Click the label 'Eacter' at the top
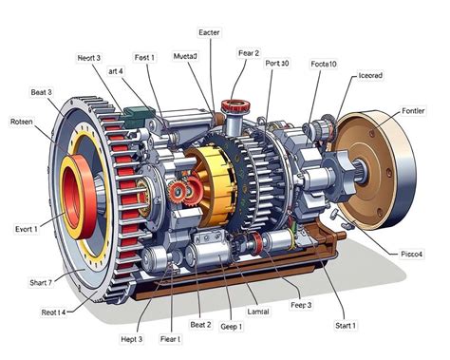pyautogui.click(x=209, y=32)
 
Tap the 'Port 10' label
pyautogui.click(x=278, y=64)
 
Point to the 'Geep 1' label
pyautogui.click(x=232, y=326)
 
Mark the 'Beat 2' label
pyautogui.click(x=200, y=325)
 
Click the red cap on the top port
pyautogui.click(x=232, y=104)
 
